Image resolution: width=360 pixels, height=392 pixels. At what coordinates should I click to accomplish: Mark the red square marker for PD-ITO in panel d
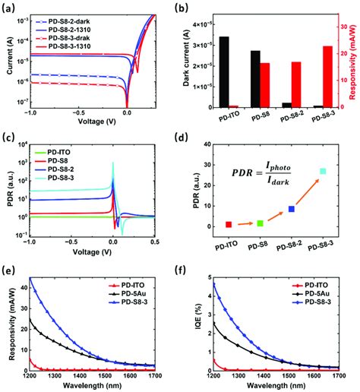pyautogui.click(x=229, y=225)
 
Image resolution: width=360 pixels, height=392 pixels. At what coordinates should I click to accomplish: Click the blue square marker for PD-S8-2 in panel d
pyautogui.click(x=291, y=209)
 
